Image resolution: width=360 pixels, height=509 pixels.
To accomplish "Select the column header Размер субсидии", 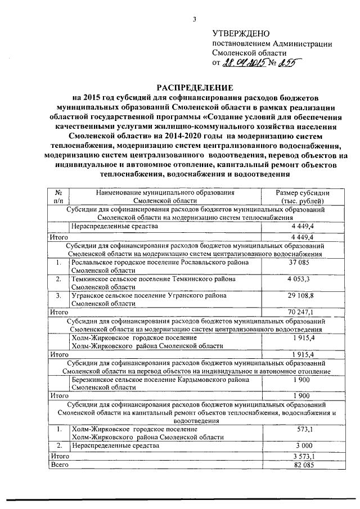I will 303,192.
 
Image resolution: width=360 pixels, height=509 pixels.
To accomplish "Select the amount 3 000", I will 303,445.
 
